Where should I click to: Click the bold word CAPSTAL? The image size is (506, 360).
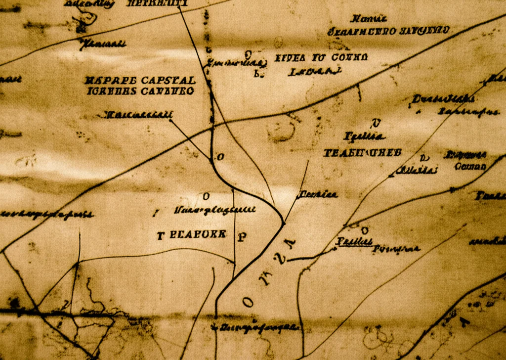point(169,80)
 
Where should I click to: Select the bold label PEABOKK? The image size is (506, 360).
point(198,234)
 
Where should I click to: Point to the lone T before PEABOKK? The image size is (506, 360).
point(160,235)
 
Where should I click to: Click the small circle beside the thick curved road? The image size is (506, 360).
point(220,157)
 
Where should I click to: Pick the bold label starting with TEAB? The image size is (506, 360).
point(362,152)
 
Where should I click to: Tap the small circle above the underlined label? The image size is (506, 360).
point(365,229)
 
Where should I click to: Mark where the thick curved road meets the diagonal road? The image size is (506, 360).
point(283,223)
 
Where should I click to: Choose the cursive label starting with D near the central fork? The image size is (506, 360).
point(317,194)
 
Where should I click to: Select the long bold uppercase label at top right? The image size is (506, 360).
point(389,31)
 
